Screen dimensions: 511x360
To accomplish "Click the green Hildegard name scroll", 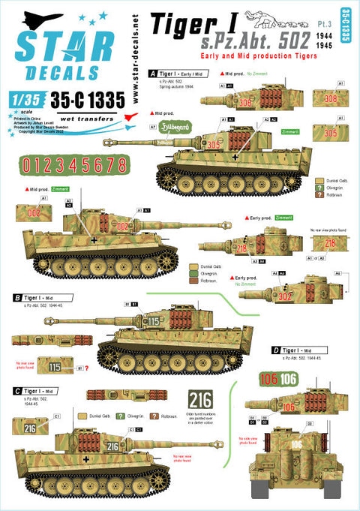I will [175, 128].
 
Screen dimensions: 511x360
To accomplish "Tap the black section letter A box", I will [153, 74].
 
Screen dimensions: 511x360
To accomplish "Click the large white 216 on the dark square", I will [200, 399].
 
